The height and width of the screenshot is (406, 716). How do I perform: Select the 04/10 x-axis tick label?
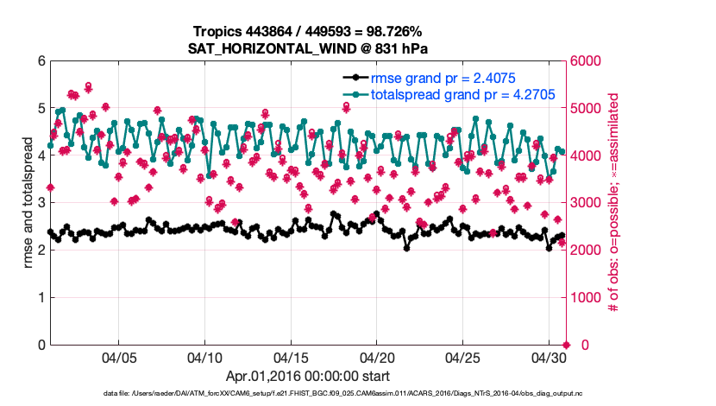[205, 357]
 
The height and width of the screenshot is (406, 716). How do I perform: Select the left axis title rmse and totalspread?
[28, 202]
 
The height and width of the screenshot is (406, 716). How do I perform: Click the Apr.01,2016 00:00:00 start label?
[307, 376]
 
